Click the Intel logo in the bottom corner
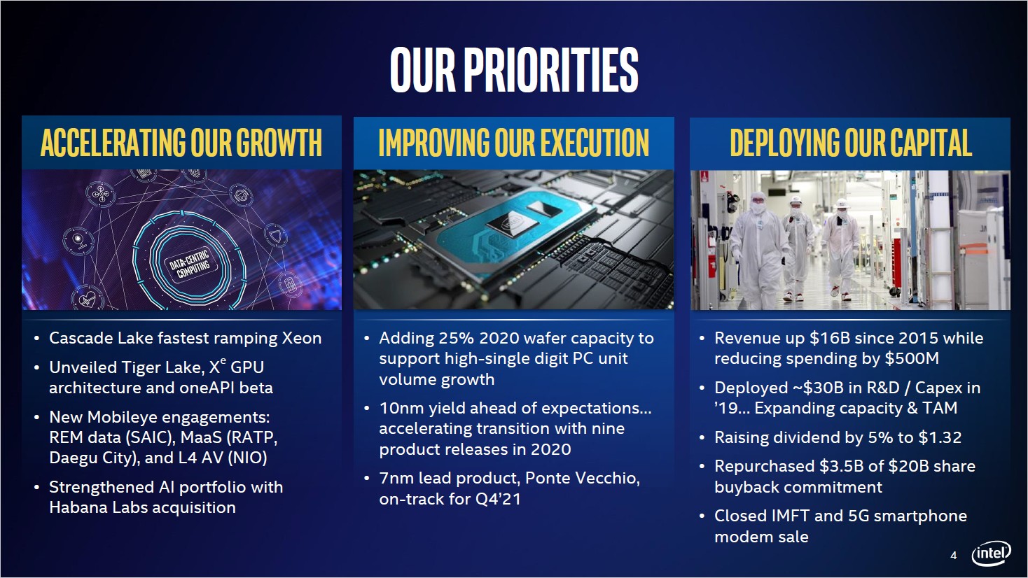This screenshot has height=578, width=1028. (x=992, y=554)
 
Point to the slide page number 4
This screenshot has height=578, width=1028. (x=954, y=556)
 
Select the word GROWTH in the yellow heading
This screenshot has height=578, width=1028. (x=279, y=142)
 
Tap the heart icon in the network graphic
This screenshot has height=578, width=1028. (x=88, y=299)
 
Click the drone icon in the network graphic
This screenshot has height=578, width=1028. (x=101, y=195)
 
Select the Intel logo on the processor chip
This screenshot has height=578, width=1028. (x=511, y=225)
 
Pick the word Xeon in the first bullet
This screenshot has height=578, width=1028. (x=302, y=338)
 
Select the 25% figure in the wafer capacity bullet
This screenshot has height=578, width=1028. (x=455, y=338)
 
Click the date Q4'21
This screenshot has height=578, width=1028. (x=499, y=499)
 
